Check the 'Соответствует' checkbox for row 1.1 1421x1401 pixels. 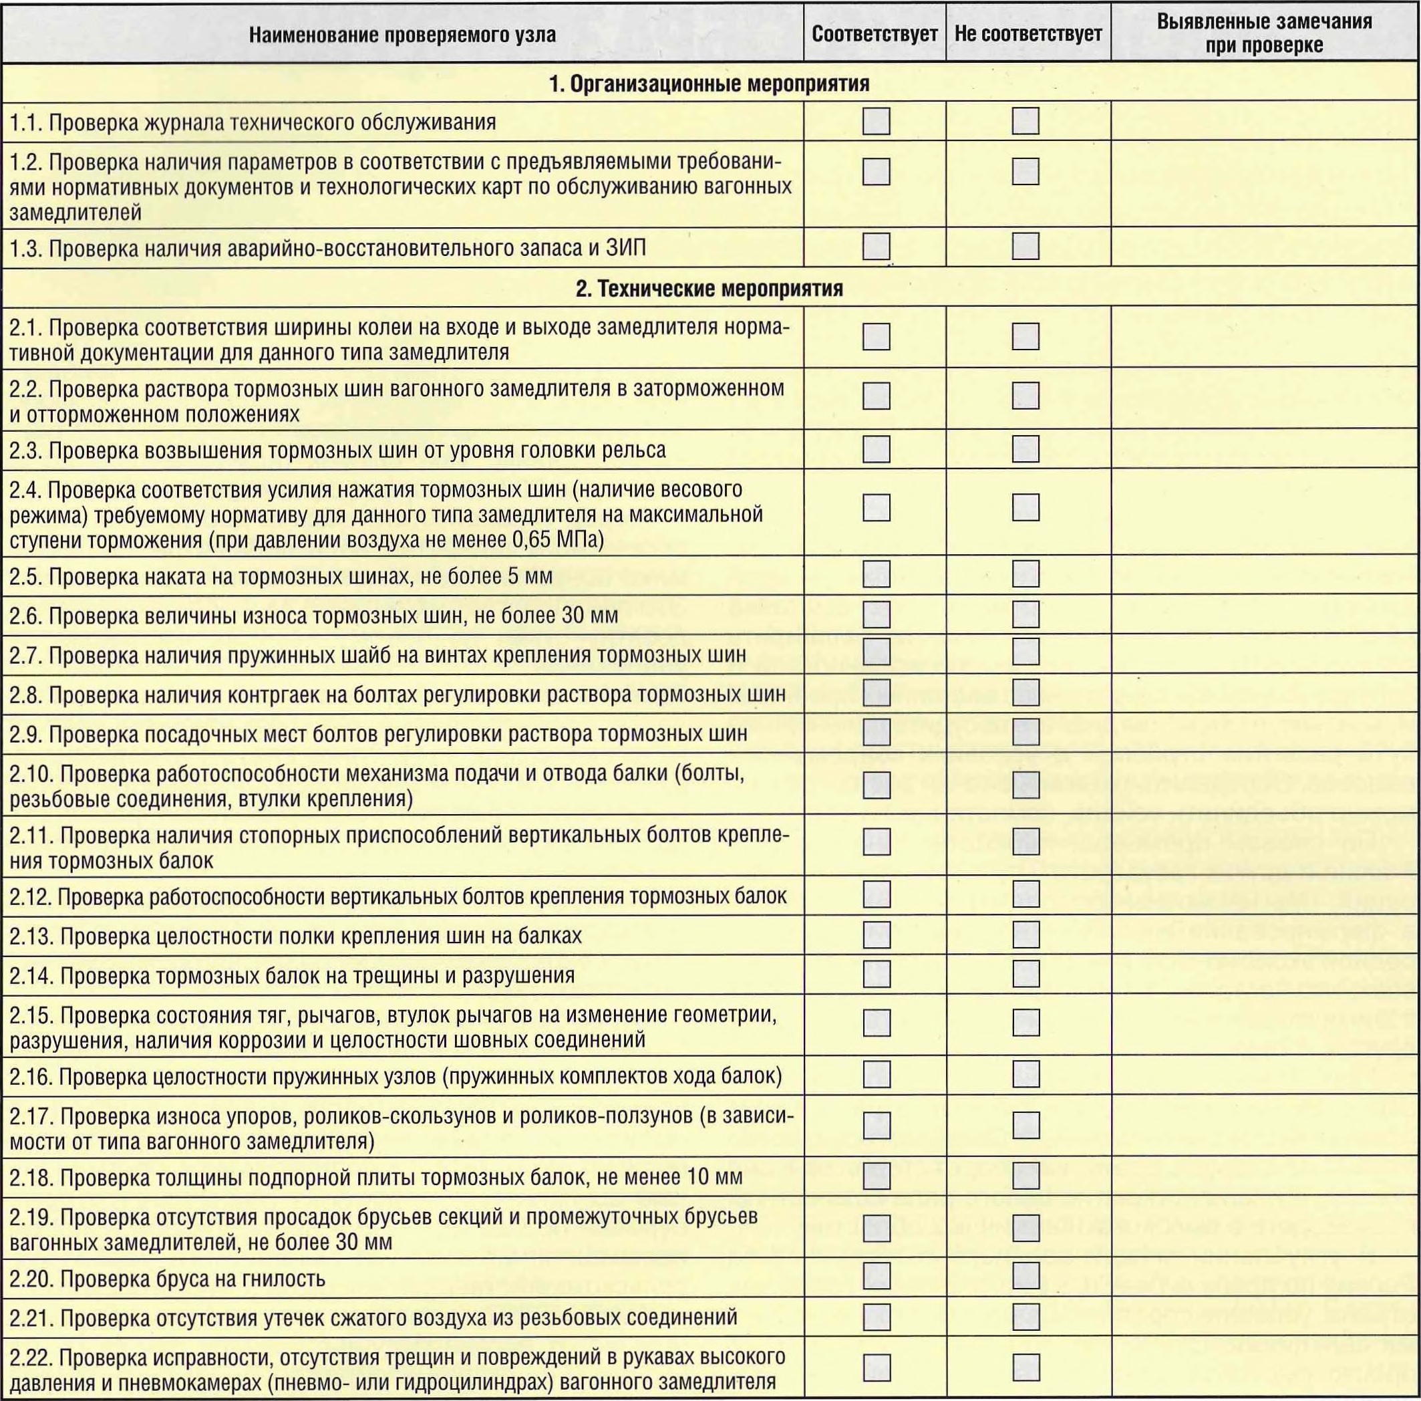tap(876, 122)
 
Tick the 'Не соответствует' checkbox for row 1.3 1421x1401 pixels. tap(1025, 247)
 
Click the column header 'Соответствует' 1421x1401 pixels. tap(875, 34)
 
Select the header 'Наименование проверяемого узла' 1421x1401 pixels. tap(402, 35)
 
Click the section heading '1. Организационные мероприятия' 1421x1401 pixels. tap(709, 84)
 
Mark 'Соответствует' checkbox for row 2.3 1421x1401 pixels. tap(876, 449)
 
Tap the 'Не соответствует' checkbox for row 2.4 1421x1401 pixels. tap(1025, 507)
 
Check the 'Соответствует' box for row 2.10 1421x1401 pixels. tap(876, 785)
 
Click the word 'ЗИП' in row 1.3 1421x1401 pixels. tap(626, 248)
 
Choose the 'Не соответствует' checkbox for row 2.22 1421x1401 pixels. tap(1025, 1367)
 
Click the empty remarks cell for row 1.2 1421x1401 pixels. tap(1265, 184)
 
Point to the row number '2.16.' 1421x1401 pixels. tap(31, 1077)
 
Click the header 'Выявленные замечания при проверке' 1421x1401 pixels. tap(1265, 33)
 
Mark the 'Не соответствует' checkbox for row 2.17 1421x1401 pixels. tap(1025, 1125)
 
